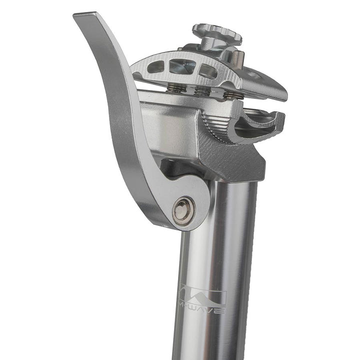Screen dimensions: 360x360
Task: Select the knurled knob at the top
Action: pos(217,34)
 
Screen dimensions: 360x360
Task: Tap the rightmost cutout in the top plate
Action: pos(208,71)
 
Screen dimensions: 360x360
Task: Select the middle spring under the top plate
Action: pos(202,91)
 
